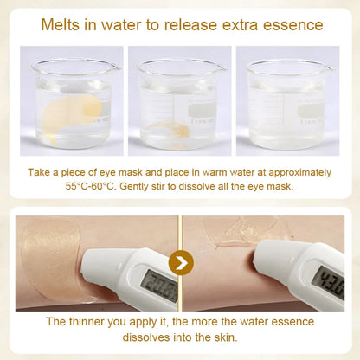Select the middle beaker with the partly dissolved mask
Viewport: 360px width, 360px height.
(x=179, y=104)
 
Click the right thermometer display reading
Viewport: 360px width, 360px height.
(x=329, y=281)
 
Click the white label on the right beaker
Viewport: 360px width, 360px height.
(x=308, y=112)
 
